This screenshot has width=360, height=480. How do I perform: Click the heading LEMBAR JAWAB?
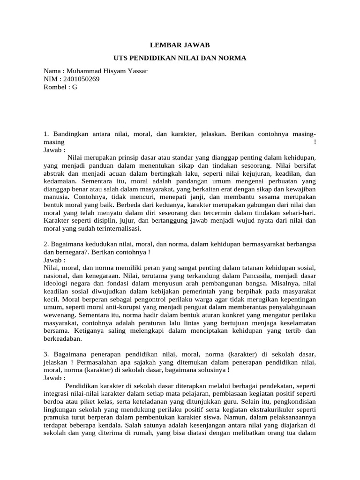(x=180, y=45)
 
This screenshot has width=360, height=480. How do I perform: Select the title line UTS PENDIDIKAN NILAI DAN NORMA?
(x=180, y=58)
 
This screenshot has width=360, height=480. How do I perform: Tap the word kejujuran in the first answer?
(x=249, y=173)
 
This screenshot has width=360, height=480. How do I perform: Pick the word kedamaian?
(x=60, y=181)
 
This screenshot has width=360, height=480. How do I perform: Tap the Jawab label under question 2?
(x=54, y=260)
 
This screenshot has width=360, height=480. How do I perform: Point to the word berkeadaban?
(x=63, y=339)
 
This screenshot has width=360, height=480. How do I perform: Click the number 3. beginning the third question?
(x=46, y=355)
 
